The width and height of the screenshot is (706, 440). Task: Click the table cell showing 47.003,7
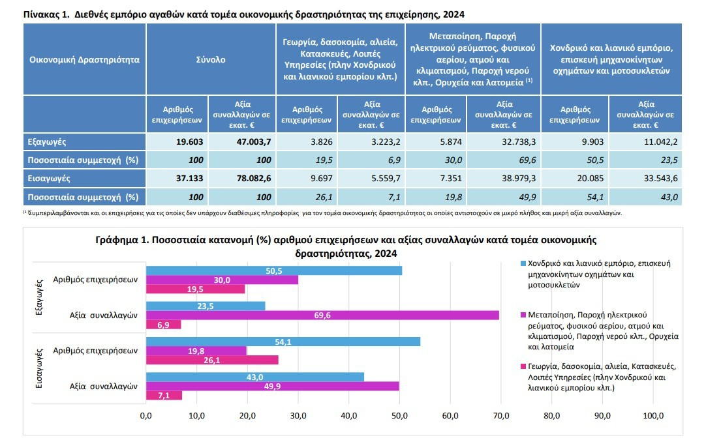click(242, 141)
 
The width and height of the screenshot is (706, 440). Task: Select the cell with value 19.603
click(177, 141)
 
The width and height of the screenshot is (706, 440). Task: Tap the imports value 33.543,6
click(645, 178)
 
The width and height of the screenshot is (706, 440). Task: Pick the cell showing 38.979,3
click(504, 178)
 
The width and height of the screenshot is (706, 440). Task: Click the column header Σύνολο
click(211, 59)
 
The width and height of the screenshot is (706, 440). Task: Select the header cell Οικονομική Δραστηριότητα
click(84, 59)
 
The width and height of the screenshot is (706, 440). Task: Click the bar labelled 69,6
click(322, 315)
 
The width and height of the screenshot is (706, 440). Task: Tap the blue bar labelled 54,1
click(283, 342)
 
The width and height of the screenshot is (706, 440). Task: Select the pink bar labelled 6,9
click(163, 325)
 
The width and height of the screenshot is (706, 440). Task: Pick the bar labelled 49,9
click(272, 386)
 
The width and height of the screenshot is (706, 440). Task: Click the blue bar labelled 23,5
click(206, 306)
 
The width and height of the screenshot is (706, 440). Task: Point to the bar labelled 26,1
click(212, 360)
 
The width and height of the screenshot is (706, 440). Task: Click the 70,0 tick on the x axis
click(501, 416)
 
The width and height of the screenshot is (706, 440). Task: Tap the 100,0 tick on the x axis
click(653, 416)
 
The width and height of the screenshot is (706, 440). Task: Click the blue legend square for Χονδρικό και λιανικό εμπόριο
click(523, 263)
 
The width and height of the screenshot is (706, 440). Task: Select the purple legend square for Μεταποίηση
click(523, 315)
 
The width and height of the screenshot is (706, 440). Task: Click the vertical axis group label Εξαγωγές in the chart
click(39, 297)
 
